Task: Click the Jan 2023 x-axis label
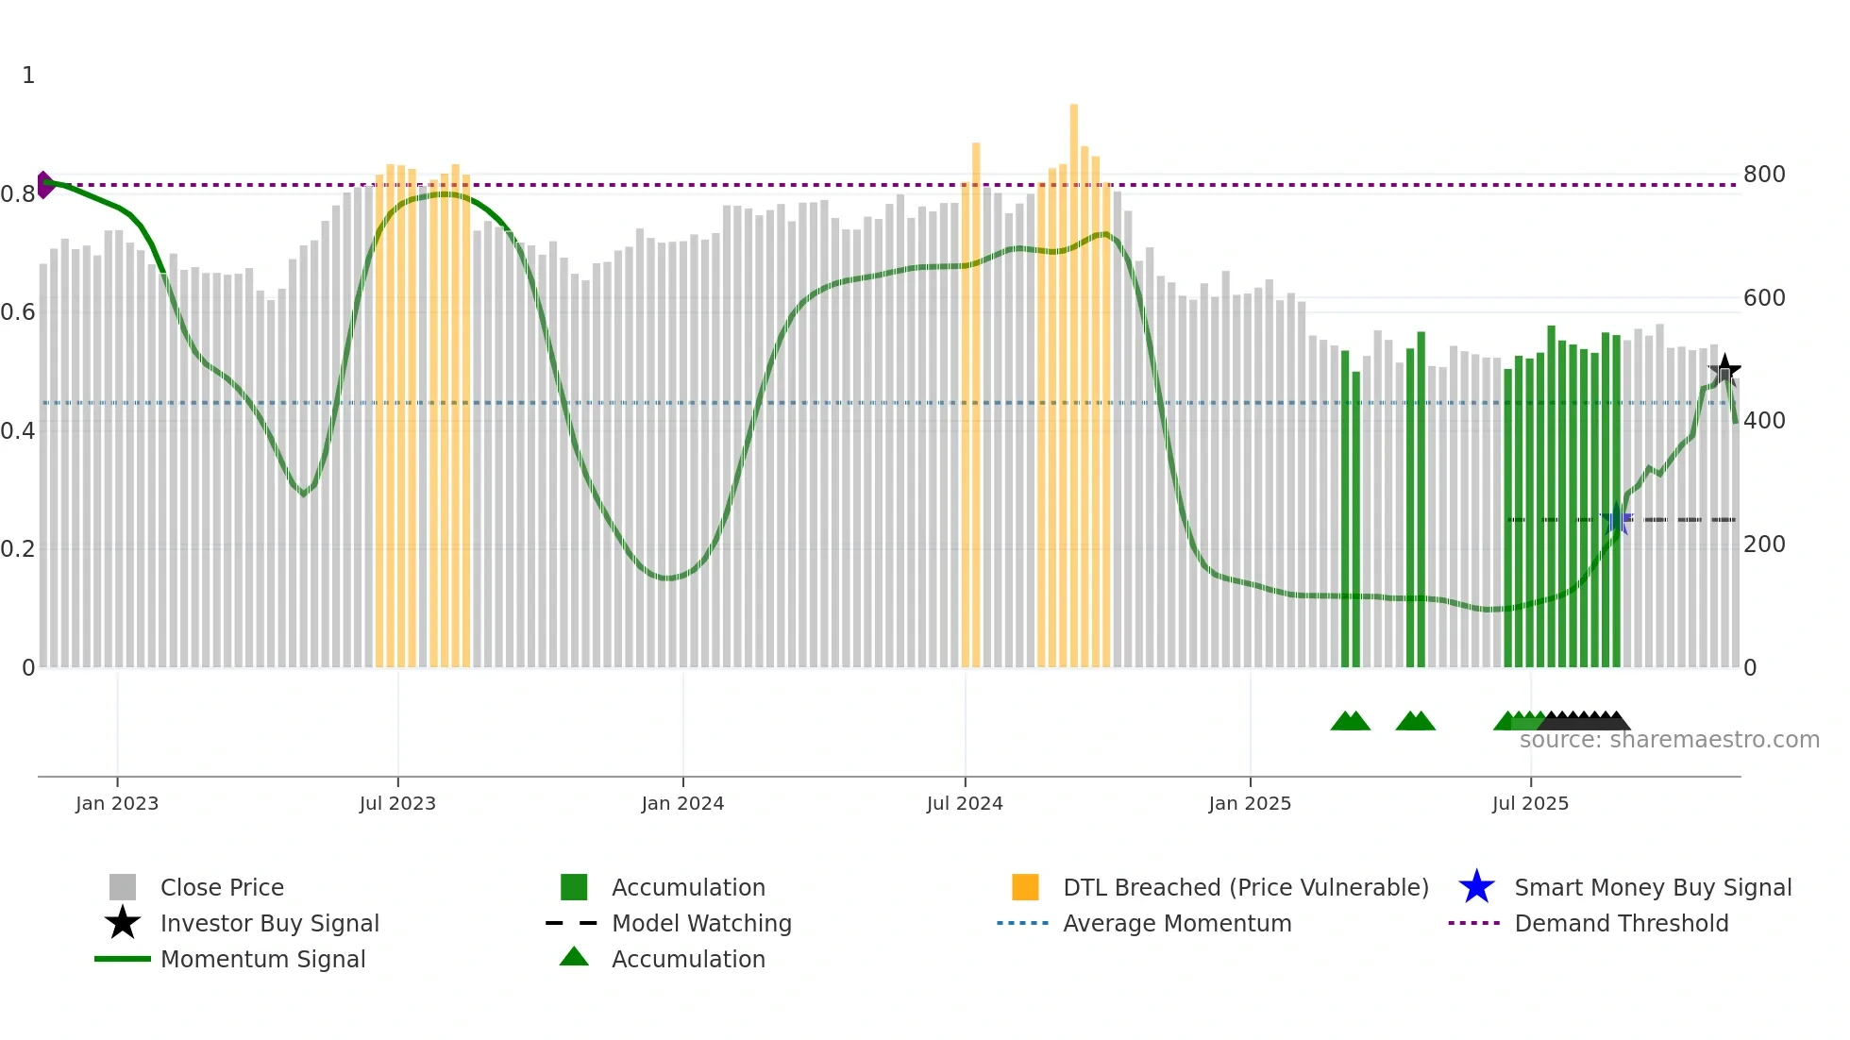point(117,803)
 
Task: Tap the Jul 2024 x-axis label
point(965,803)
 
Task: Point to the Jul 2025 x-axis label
point(1530,803)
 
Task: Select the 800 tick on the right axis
point(1764,175)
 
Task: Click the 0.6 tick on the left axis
point(18,312)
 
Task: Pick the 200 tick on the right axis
point(1764,545)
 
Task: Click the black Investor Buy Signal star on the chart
point(1724,370)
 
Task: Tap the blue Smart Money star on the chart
point(1617,519)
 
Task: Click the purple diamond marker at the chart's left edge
point(44,185)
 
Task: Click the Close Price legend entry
point(222,887)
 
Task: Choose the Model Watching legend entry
point(701,923)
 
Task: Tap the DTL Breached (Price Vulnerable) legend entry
point(1245,887)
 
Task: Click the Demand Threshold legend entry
point(1621,923)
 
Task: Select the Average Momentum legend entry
point(1176,923)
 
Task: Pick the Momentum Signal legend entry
point(262,959)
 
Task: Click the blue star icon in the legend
point(1476,887)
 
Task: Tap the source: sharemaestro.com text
point(1669,740)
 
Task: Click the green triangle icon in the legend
point(574,957)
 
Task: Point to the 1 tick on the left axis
point(28,75)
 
